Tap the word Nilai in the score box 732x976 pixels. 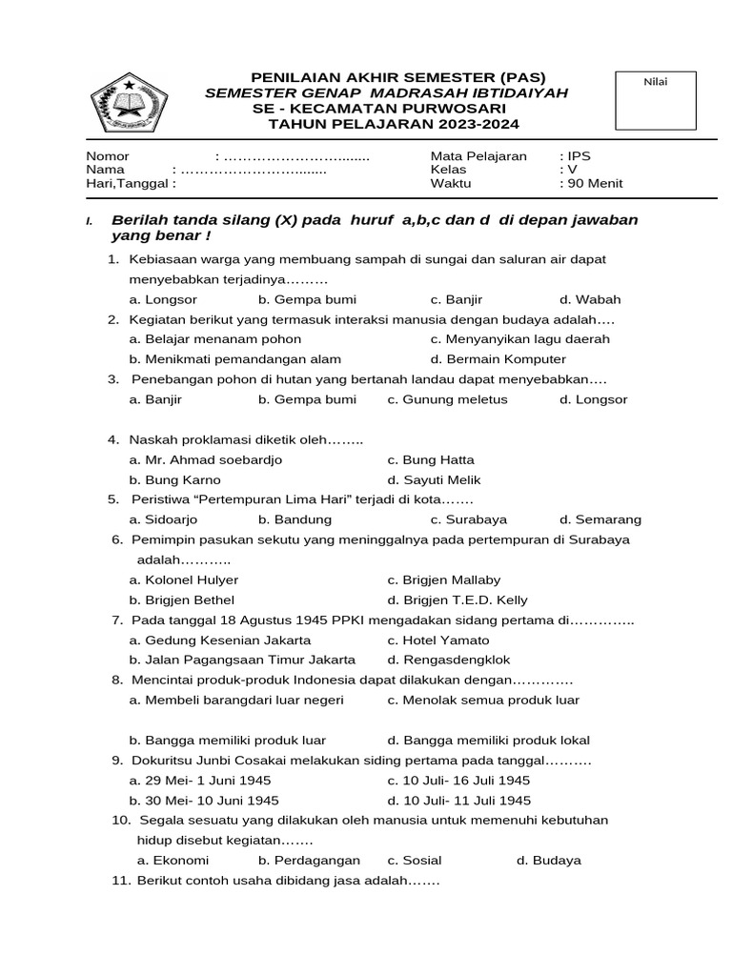656,82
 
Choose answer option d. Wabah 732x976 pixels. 590,299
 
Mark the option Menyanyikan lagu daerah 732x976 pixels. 519,339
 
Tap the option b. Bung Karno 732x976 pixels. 174,480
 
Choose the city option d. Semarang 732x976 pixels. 600,520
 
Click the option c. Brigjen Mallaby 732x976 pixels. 443,580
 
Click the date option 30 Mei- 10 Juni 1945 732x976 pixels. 204,801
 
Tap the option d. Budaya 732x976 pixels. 548,861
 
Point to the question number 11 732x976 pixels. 121,882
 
